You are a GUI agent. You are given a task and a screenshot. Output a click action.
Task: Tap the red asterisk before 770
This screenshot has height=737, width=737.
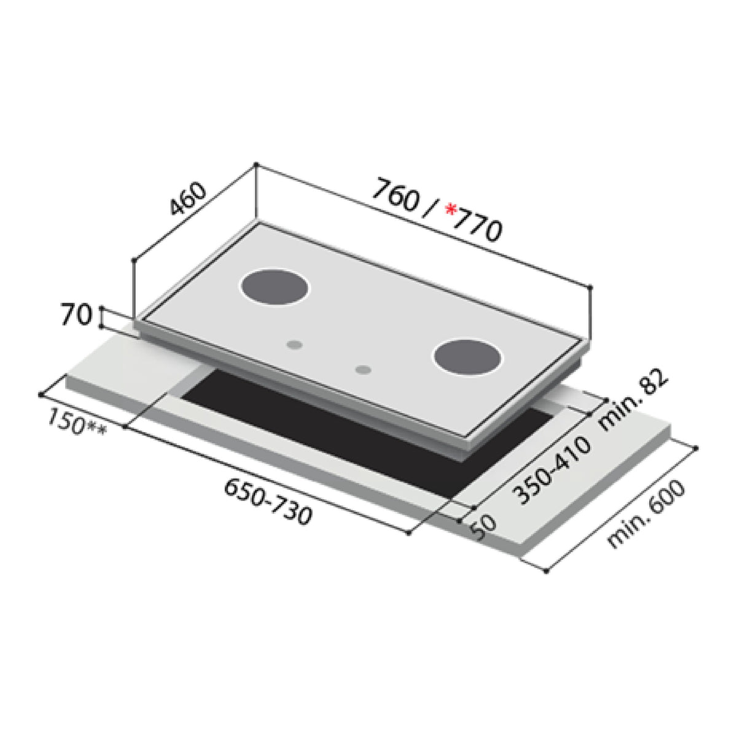451,211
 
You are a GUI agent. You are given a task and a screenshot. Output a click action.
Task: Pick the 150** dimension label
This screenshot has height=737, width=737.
76,423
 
